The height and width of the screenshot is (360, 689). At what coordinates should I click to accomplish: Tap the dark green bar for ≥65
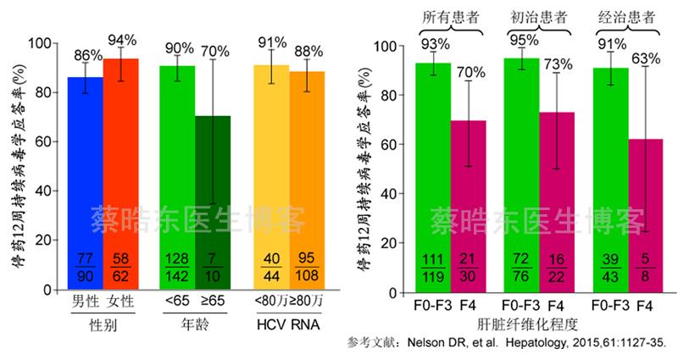(x=212, y=203)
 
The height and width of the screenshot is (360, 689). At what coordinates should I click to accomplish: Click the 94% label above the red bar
(x=121, y=41)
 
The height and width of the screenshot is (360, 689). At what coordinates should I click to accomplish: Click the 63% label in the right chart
(x=646, y=58)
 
